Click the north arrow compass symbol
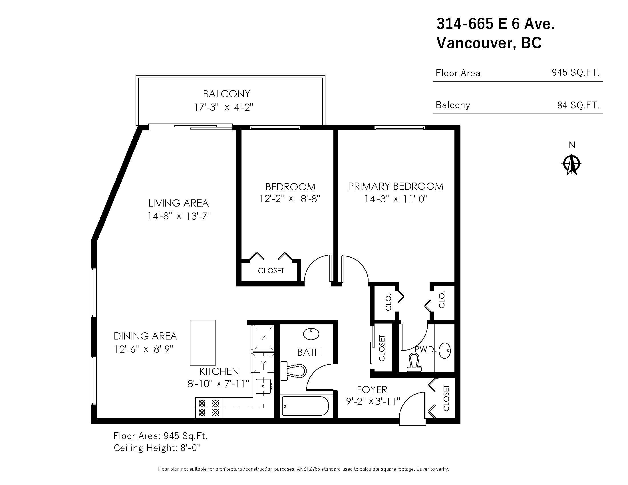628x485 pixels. (572, 164)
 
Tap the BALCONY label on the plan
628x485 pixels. (227, 94)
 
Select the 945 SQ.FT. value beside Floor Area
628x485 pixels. (576, 72)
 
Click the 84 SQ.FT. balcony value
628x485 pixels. (578, 105)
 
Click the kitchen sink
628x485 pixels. (263, 386)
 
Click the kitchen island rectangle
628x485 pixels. (202, 342)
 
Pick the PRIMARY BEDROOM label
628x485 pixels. (396, 187)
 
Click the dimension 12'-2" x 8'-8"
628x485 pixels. (290, 199)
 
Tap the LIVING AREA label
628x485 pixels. (178, 203)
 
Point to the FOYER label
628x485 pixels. (372, 390)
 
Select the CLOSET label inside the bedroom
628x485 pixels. (271, 271)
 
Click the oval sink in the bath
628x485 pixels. (311, 334)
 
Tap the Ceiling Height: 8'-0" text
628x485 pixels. (157, 448)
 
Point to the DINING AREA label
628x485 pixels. (145, 336)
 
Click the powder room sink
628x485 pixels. (445, 351)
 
